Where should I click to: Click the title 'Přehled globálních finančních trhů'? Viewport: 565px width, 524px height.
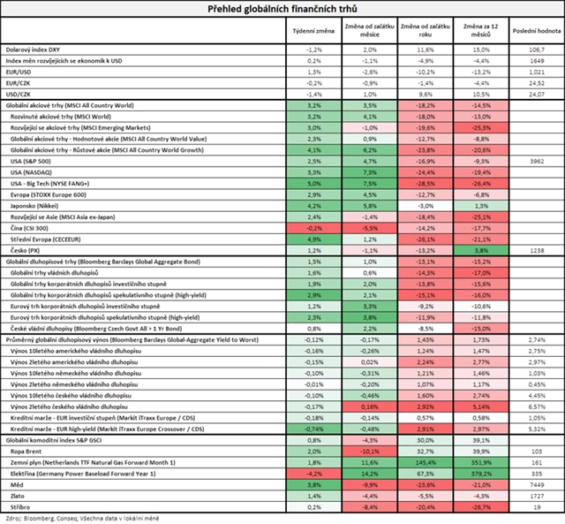282,9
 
